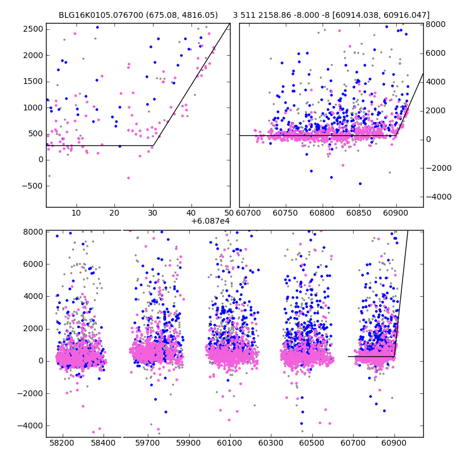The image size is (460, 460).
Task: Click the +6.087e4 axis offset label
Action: (210, 220)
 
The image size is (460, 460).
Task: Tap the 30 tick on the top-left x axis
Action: (153, 214)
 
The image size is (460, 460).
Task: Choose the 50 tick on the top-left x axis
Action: (229, 214)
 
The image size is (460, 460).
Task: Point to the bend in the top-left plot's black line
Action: (154, 145)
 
